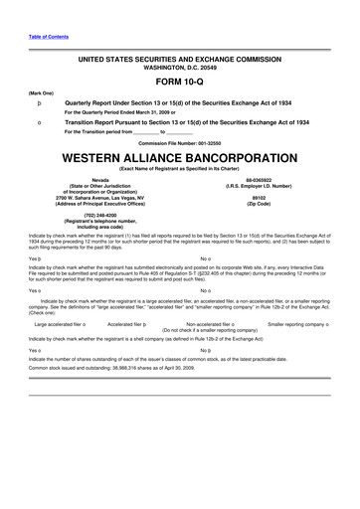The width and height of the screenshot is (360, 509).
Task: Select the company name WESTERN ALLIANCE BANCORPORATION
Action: tap(180, 157)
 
